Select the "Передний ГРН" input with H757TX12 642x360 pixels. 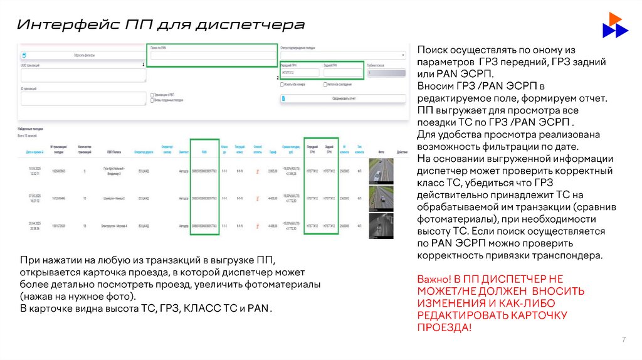coord(299,73)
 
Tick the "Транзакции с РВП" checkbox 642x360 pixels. coord(152,94)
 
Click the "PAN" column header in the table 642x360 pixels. coord(204,152)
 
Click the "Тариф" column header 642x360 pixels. coord(273,152)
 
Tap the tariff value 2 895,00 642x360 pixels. coord(273,171)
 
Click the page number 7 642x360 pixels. coord(623,340)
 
